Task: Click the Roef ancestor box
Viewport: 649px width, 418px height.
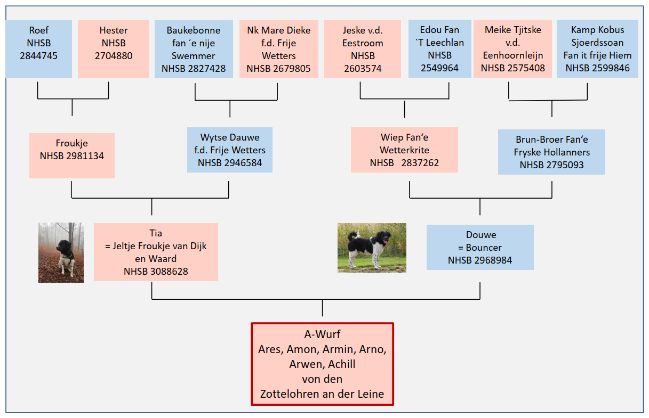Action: (39, 49)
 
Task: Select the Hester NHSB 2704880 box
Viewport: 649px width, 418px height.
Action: (114, 49)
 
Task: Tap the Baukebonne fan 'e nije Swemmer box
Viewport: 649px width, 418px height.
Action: (194, 49)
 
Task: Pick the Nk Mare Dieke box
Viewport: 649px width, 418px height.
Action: (278, 49)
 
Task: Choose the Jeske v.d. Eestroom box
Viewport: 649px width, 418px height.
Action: (363, 49)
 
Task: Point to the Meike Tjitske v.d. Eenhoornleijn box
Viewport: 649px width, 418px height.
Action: (512, 49)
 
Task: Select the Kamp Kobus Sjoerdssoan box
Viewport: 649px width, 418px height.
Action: (597, 49)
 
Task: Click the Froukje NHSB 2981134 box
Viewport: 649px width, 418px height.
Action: (72, 155)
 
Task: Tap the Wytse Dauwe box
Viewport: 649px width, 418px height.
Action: (230, 150)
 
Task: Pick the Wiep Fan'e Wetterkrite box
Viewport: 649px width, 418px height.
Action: (404, 150)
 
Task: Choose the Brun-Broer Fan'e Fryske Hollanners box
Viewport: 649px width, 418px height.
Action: (551, 152)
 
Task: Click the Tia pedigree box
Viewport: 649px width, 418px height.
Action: (156, 252)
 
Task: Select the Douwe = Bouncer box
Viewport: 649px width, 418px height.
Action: (480, 247)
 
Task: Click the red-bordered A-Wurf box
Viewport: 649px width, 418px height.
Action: (322, 364)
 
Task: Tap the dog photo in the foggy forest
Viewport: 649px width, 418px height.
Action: (61, 252)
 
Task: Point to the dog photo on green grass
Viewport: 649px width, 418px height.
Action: (372, 248)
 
